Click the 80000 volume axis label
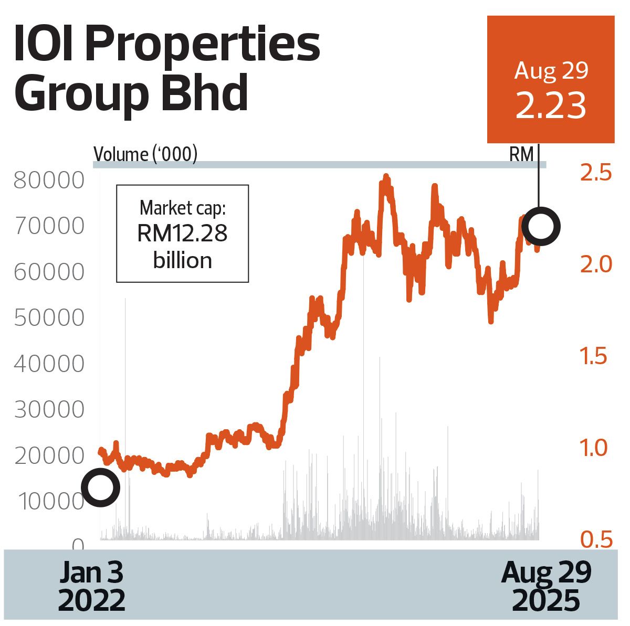(49, 180)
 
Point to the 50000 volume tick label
(49, 318)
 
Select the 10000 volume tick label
(51, 502)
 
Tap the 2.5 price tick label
(596, 173)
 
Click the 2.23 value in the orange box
(551, 105)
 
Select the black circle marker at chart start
(100, 487)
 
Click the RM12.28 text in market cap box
(182, 234)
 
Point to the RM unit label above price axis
(521, 155)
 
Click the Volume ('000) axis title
(145, 155)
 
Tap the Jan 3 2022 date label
(91, 587)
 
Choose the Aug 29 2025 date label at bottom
(546, 587)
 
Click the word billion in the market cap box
(182, 260)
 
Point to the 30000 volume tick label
(49, 410)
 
